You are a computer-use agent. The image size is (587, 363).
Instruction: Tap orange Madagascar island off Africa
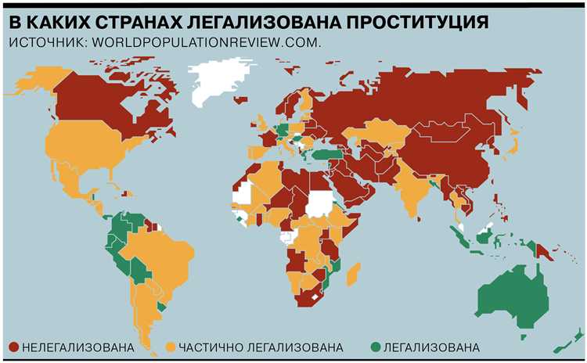(x=354, y=274)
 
